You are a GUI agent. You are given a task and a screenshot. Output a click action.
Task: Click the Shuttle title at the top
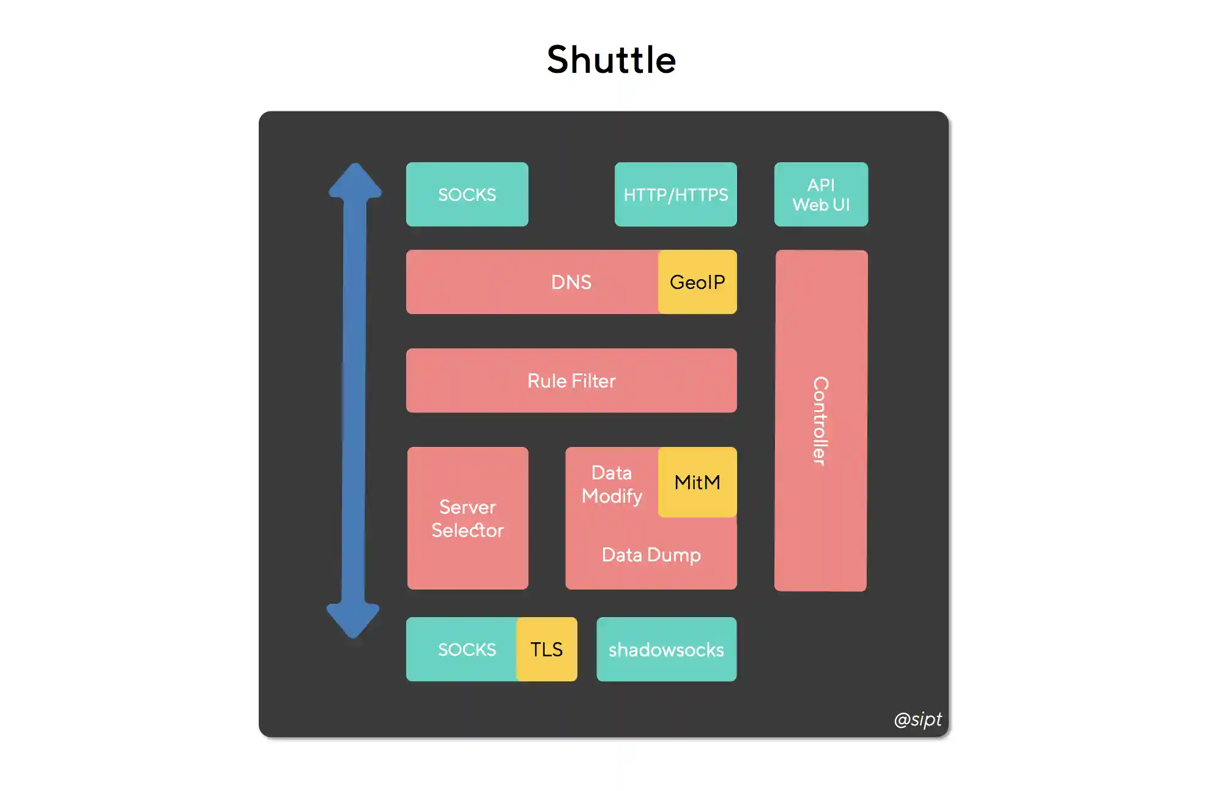(x=611, y=60)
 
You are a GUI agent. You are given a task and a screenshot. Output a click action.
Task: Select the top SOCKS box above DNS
(x=467, y=194)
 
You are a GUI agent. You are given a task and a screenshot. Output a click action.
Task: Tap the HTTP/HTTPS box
(x=675, y=194)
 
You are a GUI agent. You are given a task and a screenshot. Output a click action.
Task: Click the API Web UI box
(x=820, y=194)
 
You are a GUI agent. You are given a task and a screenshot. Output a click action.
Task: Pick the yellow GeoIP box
(x=697, y=282)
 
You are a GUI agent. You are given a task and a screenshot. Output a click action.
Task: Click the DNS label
(x=571, y=282)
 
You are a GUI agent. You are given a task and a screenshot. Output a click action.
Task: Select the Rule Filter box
(x=571, y=380)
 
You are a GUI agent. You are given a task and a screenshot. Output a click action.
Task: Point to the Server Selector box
(x=467, y=518)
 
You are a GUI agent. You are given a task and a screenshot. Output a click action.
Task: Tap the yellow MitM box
(x=697, y=482)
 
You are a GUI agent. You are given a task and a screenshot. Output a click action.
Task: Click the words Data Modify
(x=612, y=484)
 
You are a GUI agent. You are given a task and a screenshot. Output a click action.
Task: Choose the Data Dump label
(x=651, y=555)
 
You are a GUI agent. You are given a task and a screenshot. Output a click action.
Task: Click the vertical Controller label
(x=820, y=421)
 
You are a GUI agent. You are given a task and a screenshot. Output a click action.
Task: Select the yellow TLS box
(x=546, y=649)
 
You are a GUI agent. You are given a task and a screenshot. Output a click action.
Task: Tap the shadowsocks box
(x=666, y=649)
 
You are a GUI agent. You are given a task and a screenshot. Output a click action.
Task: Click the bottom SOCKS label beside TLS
(x=467, y=649)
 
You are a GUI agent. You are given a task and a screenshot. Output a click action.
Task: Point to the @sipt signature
(x=917, y=719)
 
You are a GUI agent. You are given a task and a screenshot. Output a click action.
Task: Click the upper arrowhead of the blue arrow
(x=355, y=181)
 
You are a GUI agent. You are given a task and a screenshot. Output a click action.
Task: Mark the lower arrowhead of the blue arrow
(x=353, y=620)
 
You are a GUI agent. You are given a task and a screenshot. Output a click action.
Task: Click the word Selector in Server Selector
(x=467, y=530)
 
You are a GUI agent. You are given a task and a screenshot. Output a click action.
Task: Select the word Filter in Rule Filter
(x=594, y=380)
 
